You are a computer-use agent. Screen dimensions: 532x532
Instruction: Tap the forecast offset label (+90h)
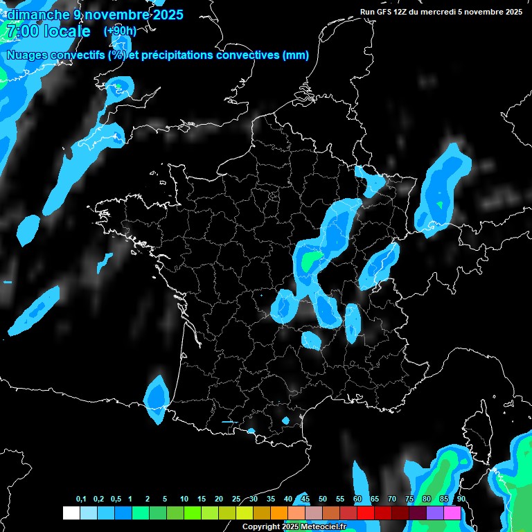coord(120,31)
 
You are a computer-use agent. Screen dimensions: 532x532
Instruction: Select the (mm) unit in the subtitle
coord(296,55)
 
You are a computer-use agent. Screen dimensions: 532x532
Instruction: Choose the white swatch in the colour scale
coord(71,513)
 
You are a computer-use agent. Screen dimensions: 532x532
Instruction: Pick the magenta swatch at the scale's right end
coord(452,513)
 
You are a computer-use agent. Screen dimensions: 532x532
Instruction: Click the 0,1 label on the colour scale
coord(81,499)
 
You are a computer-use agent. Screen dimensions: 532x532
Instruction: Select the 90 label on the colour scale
coord(461,499)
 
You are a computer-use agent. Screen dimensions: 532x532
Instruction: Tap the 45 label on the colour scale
coord(305,499)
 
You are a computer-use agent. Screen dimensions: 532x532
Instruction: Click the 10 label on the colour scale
coord(184,499)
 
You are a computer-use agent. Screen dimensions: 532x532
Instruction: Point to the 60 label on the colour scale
coord(357,499)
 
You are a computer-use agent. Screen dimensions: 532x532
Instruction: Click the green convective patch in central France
coord(311,260)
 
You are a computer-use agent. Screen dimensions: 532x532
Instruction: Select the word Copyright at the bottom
coord(261,527)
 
